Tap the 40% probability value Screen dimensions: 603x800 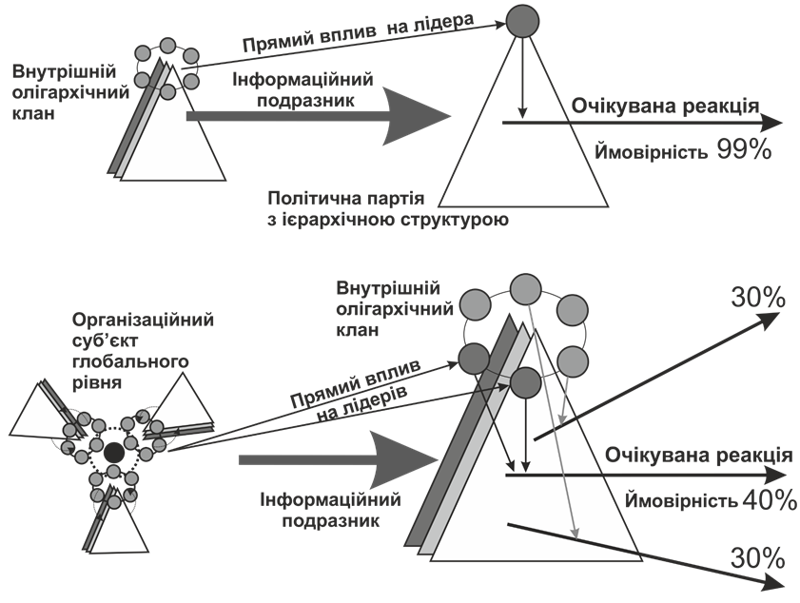pyautogui.click(x=769, y=500)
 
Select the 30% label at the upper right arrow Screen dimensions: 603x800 pyautogui.click(x=757, y=298)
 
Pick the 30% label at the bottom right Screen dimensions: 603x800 pyautogui.click(x=757, y=556)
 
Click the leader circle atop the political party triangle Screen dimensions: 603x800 pyautogui.click(x=521, y=21)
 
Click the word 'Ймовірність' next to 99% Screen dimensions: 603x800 pyautogui.click(x=649, y=151)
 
